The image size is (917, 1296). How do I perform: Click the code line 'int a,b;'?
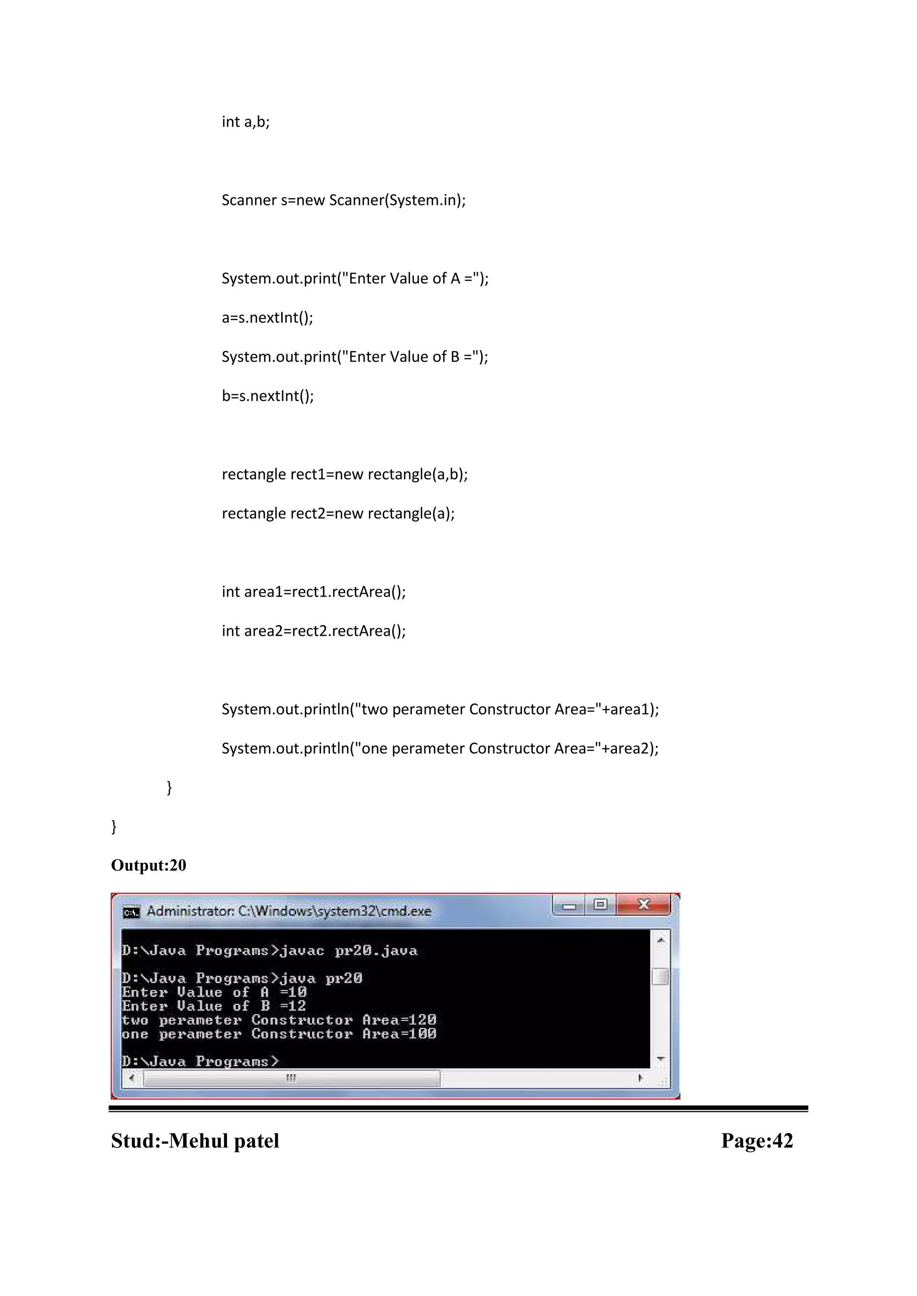(x=246, y=122)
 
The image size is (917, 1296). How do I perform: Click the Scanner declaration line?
(x=343, y=200)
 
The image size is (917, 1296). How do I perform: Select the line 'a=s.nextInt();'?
(x=267, y=318)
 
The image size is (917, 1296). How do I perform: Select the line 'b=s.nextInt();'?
(x=268, y=396)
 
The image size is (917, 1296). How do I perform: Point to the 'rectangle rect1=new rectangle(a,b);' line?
(x=344, y=474)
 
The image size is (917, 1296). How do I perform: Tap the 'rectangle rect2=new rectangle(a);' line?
(x=338, y=514)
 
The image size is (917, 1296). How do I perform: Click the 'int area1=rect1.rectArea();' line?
(x=313, y=592)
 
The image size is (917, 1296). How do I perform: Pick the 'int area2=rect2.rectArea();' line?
(x=313, y=631)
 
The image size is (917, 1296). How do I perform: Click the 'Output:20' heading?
(x=149, y=865)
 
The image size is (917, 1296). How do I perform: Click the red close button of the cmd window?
(x=643, y=905)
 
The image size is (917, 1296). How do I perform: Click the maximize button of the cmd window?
(x=600, y=905)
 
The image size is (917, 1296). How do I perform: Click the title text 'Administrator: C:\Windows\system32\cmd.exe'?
(x=288, y=912)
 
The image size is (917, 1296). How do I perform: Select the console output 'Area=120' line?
(x=279, y=1020)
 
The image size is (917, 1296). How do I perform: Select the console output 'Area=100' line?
(x=279, y=1034)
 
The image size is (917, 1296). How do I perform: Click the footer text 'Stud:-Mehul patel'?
(x=195, y=1141)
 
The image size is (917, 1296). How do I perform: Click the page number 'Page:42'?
(x=757, y=1141)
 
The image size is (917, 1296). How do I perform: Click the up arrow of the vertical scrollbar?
(x=660, y=940)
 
